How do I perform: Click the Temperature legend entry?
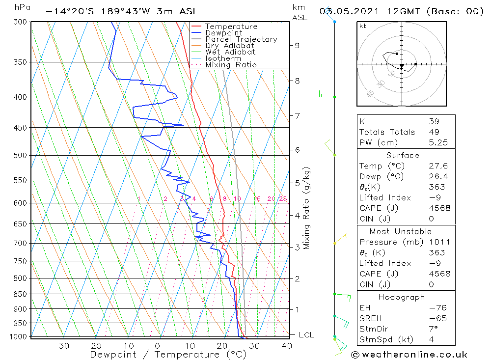coord(231,27)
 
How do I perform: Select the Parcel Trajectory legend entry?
coord(241,39)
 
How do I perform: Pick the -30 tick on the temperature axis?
coord(60,346)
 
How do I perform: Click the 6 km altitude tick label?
coord(297,150)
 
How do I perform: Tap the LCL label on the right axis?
coord(306,335)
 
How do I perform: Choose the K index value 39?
coord(434,121)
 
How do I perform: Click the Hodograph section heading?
coord(402,297)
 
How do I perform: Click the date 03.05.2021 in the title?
coord(345,11)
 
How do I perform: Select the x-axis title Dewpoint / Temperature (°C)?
coord(168,355)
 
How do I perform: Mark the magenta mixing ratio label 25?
coord(283,198)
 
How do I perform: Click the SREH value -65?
coord(436,318)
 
